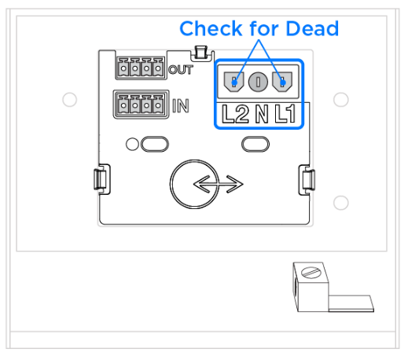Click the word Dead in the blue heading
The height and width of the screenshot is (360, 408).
click(x=312, y=28)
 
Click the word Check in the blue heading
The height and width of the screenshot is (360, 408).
click(x=211, y=28)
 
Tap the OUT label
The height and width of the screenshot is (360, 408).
click(x=181, y=70)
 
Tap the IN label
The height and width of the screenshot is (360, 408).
click(x=181, y=106)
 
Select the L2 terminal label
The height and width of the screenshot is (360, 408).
click(x=235, y=114)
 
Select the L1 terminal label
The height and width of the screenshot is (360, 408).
click(x=285, y=114)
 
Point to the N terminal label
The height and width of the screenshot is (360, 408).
click(x=262, y=114)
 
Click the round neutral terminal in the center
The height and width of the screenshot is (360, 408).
click(x=258, y=82)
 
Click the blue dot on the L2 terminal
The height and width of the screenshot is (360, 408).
click(x=234, y=83)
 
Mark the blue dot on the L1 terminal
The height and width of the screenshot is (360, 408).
click(x=282, y=83)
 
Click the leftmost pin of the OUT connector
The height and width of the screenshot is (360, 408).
click(x=123, y=69)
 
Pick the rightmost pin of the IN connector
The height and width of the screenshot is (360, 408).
click(x=158, y=105)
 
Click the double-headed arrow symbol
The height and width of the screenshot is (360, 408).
click(x=219, y=184)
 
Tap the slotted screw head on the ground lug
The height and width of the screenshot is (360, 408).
click(x=311, y=273)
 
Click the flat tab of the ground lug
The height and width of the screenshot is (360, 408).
click(x=351, y=303)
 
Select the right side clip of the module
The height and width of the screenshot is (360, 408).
click(x=307, y=180)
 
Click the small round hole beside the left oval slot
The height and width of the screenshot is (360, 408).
click(x=132, y=144)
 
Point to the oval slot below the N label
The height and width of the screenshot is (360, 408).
click(x=255, y=144)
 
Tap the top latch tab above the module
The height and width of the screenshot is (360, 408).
click(x=201, y=53)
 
